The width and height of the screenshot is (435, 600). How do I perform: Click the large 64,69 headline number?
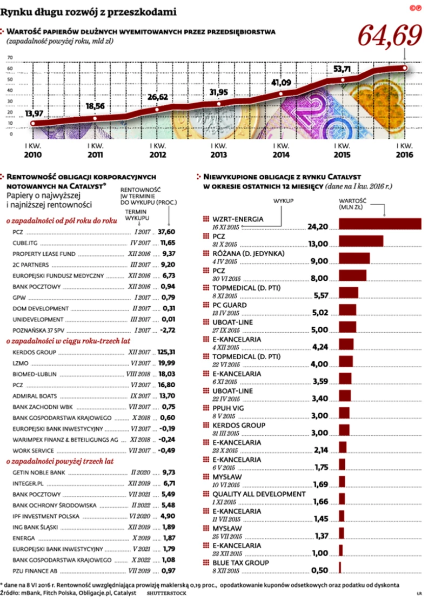pos(390,36)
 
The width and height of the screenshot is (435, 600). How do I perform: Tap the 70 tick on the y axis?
pos(9,58)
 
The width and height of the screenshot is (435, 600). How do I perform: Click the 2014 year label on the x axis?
pos(281,154)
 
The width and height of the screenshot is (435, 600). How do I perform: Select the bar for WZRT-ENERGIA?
pos(379,224)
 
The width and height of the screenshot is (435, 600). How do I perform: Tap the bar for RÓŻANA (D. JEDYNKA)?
pos(354,258)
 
